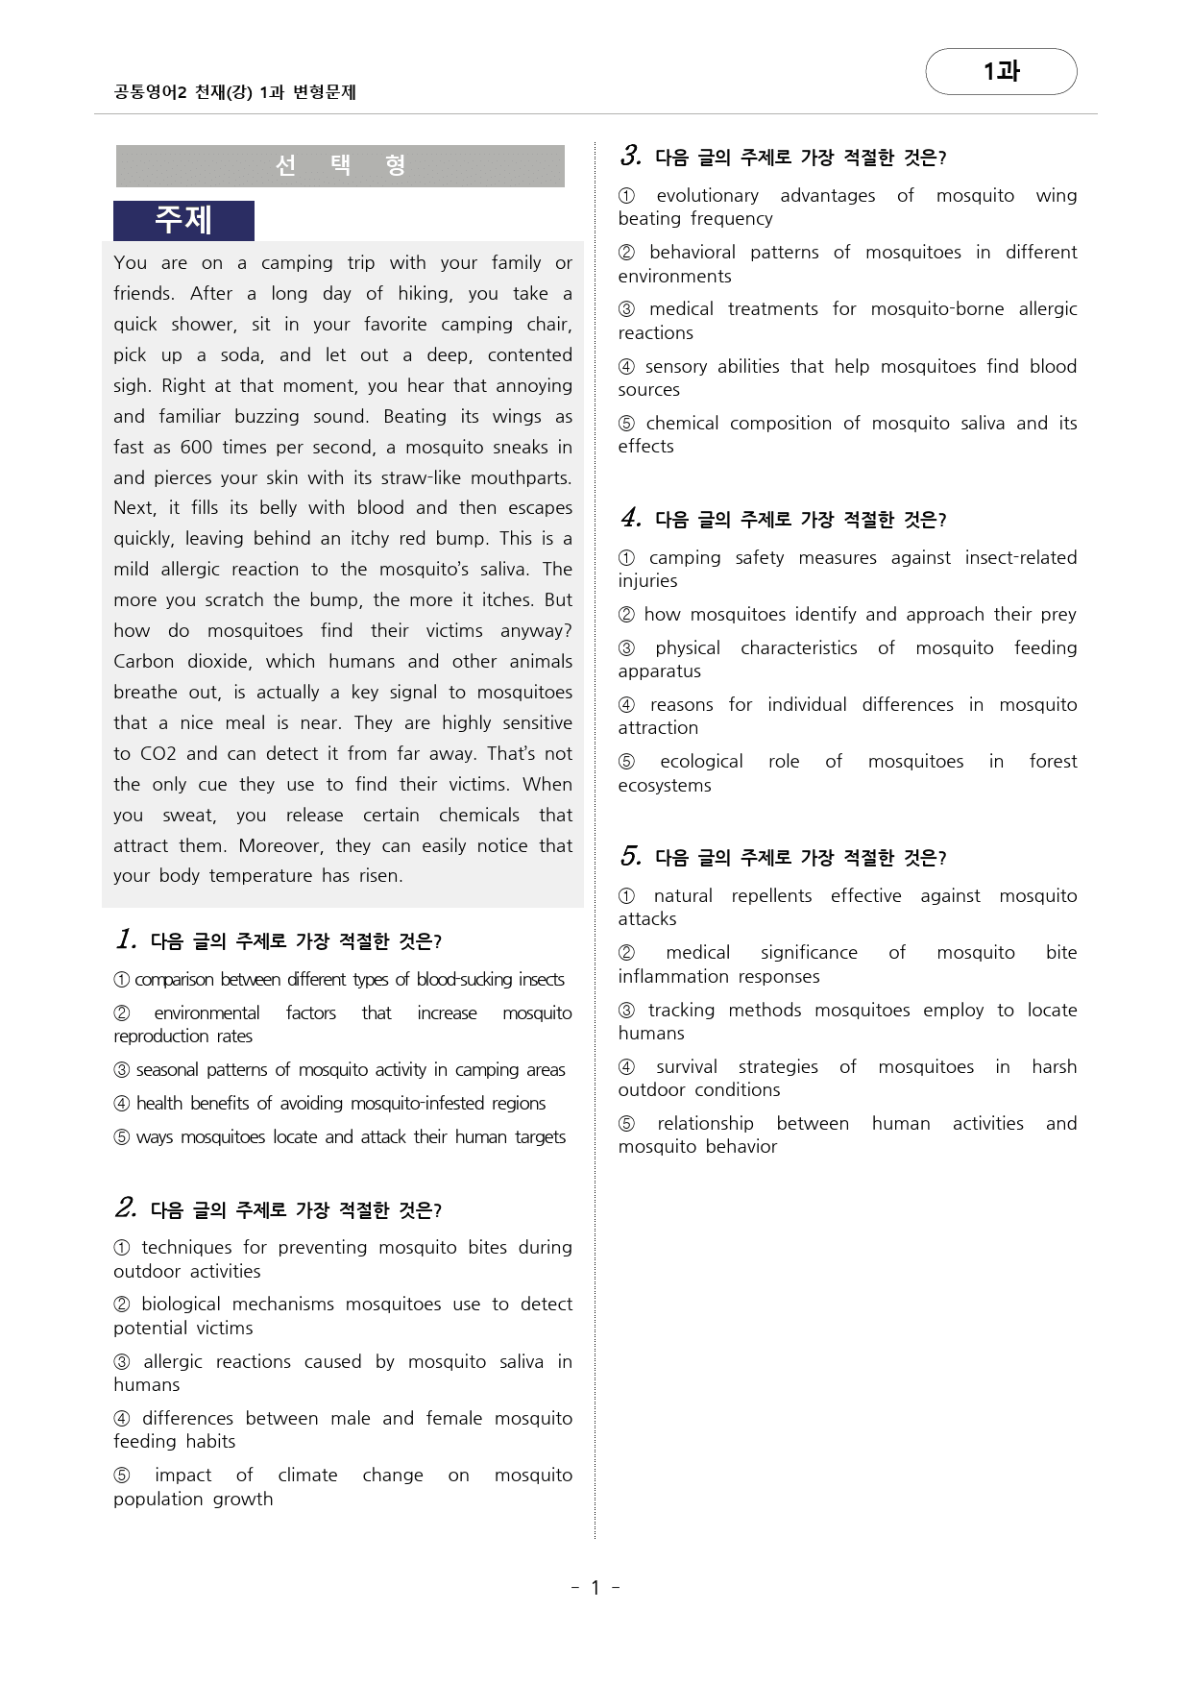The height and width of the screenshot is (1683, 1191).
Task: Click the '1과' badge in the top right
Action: (1001, 71)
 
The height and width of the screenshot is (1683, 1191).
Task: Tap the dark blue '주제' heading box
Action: (183, 220)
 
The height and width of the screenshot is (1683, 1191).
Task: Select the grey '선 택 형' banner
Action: (340, 165)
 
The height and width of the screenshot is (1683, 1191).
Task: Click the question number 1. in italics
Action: (126, 939)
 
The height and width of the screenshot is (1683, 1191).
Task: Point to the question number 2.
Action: (126, 1207)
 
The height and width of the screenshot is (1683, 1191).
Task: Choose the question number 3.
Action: (630, 156)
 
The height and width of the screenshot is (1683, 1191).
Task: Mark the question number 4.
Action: (630, 518)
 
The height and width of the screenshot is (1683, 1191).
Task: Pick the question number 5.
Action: (630, 856)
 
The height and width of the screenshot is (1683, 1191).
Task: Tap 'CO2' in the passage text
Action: (158, 753)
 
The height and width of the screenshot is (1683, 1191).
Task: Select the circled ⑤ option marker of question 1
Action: (122, 1137)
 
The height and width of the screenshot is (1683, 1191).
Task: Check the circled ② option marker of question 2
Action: (122, 1305)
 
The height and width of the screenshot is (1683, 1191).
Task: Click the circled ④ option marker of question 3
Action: (626, 367)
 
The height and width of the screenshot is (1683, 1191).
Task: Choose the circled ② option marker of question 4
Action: (626, 615)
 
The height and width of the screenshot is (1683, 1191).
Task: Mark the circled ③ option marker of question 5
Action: (626, 1011)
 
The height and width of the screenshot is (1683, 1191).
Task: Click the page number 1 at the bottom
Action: (595, 1588)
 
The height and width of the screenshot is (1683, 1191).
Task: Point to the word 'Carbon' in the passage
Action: (143, 661)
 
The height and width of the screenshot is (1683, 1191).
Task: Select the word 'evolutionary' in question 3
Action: (708, 196)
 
